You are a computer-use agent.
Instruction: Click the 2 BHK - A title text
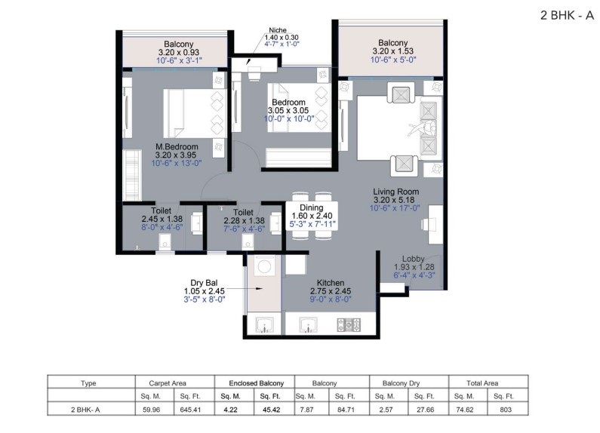click(x=567, y=15)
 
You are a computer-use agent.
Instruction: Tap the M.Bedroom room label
click(x=177, y=147)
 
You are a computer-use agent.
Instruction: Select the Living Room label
click(x=395, y=192)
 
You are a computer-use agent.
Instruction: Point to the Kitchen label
click(x=331, y=283)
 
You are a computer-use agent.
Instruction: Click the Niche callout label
click(x=278, y=30)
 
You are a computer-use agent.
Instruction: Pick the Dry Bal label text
click(x=204, y=283)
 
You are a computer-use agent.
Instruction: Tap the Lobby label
click(x=414, y=259)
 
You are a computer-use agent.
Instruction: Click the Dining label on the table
click(x=311, y=207)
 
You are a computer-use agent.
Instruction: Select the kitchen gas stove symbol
click(x=349, y=324)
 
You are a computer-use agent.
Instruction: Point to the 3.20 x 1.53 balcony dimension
click(x=393, y=51)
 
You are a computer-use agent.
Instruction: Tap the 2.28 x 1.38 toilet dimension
click(x=244, y=221)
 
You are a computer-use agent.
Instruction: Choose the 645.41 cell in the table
click(x=190, y=410)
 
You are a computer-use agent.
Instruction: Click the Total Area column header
click(x=482, y=383)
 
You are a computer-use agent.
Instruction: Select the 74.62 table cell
click(x=465, y=410)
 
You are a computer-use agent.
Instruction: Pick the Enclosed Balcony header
click(x=257, y=383)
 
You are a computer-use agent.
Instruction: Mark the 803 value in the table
click(x=506, y=410)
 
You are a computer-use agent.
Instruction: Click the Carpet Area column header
click(x=168, y=383)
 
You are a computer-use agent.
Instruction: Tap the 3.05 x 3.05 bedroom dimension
click(x=288, y=111)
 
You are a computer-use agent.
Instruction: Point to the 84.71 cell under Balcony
click(x=346, y=410)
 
